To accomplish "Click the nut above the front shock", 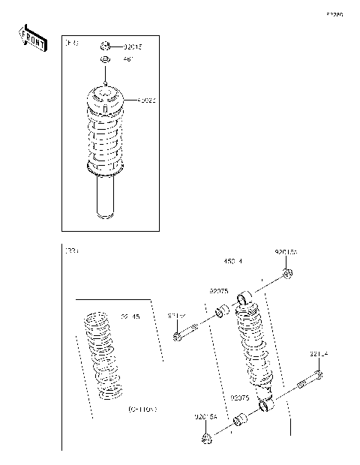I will (106, 46).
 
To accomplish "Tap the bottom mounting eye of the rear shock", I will (267, 406).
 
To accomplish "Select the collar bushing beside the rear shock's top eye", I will (222, 312).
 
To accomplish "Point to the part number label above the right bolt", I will (319, 353).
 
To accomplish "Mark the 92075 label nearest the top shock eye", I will (219, 290).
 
